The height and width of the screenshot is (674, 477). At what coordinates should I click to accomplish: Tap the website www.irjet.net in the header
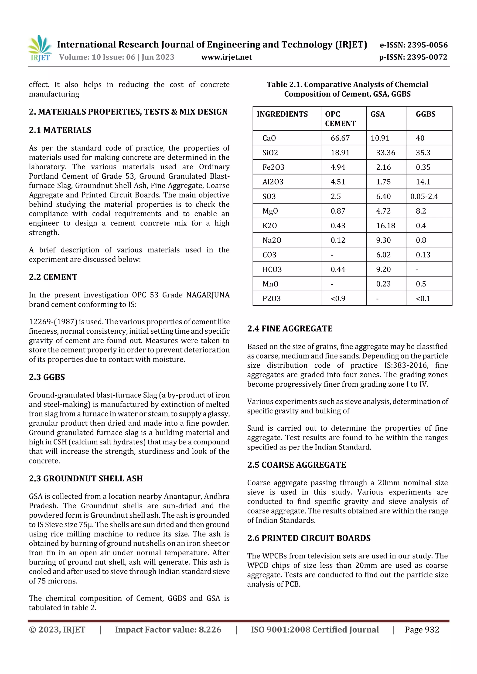pyautogui.click(x=226, y=57)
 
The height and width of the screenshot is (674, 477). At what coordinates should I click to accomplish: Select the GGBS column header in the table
pyautogui.click(x=425, y=114)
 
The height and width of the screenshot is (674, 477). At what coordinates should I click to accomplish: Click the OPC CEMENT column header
pyautogui.click(x=340, y=119)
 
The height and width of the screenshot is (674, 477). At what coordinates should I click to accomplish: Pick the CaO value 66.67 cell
pyautogui.click(x=340, y=138)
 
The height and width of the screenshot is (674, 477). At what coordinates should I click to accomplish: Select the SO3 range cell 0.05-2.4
pyautogui.click(x=424, y=196)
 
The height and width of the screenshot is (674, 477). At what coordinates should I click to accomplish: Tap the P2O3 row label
pyautogui.click(x=271, y=298)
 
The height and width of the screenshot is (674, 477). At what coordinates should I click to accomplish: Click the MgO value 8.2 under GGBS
pyautogui.click(x=421, y=211)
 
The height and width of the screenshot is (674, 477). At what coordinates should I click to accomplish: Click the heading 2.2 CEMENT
pyautogui.click(x=53, y=277)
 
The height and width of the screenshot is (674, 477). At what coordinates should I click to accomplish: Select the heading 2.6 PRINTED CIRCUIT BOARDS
pyautogui.click(x=309, y=538)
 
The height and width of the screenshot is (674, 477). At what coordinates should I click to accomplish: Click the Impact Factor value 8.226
pyautogui.click(x=210, y=629)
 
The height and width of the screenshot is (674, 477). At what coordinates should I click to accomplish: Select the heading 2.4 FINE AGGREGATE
pyautogui.click(x=290, y=329)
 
